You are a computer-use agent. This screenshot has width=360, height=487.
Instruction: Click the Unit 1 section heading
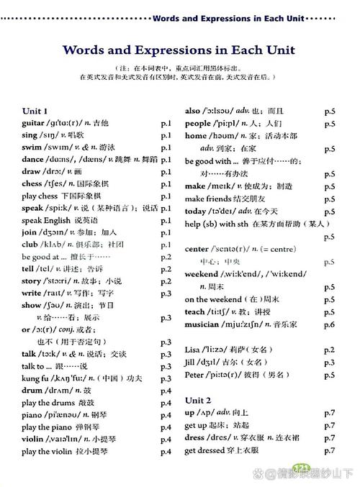click(35, 111)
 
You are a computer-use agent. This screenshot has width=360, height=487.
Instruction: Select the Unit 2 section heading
click(198, 399)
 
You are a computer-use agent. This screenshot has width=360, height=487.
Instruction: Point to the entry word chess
click(32, 183)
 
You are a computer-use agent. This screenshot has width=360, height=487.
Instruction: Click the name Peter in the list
click(196, 374)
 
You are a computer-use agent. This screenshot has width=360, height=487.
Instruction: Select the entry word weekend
click(202, 274)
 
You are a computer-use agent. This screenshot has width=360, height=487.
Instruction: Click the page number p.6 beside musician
click(330, 324)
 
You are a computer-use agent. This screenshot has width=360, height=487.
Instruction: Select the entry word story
click(32, 281)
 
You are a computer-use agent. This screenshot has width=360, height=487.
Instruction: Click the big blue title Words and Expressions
click(180, 50)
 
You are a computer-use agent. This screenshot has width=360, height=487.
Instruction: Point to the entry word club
click(30, 244)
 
